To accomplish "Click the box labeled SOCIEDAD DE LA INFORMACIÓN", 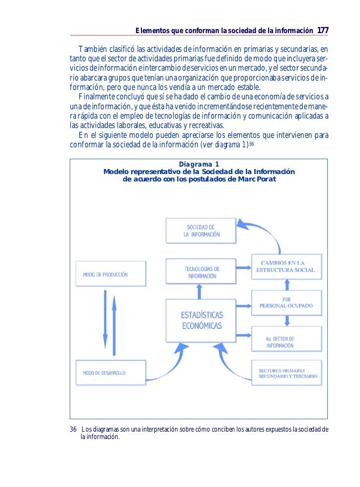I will tap(201, 231).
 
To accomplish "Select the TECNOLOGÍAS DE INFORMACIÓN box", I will tap(201, 272).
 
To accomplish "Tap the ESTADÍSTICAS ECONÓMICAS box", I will tap(201, 321).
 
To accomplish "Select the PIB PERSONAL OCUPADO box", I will tap(286, 303).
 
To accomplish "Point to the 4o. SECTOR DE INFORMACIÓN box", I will tap(286, 342).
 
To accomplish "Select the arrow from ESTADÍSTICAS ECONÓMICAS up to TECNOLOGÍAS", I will tap(200, 293).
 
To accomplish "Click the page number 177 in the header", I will tap(322, 31).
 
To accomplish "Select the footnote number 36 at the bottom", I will tap(73, 428).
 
